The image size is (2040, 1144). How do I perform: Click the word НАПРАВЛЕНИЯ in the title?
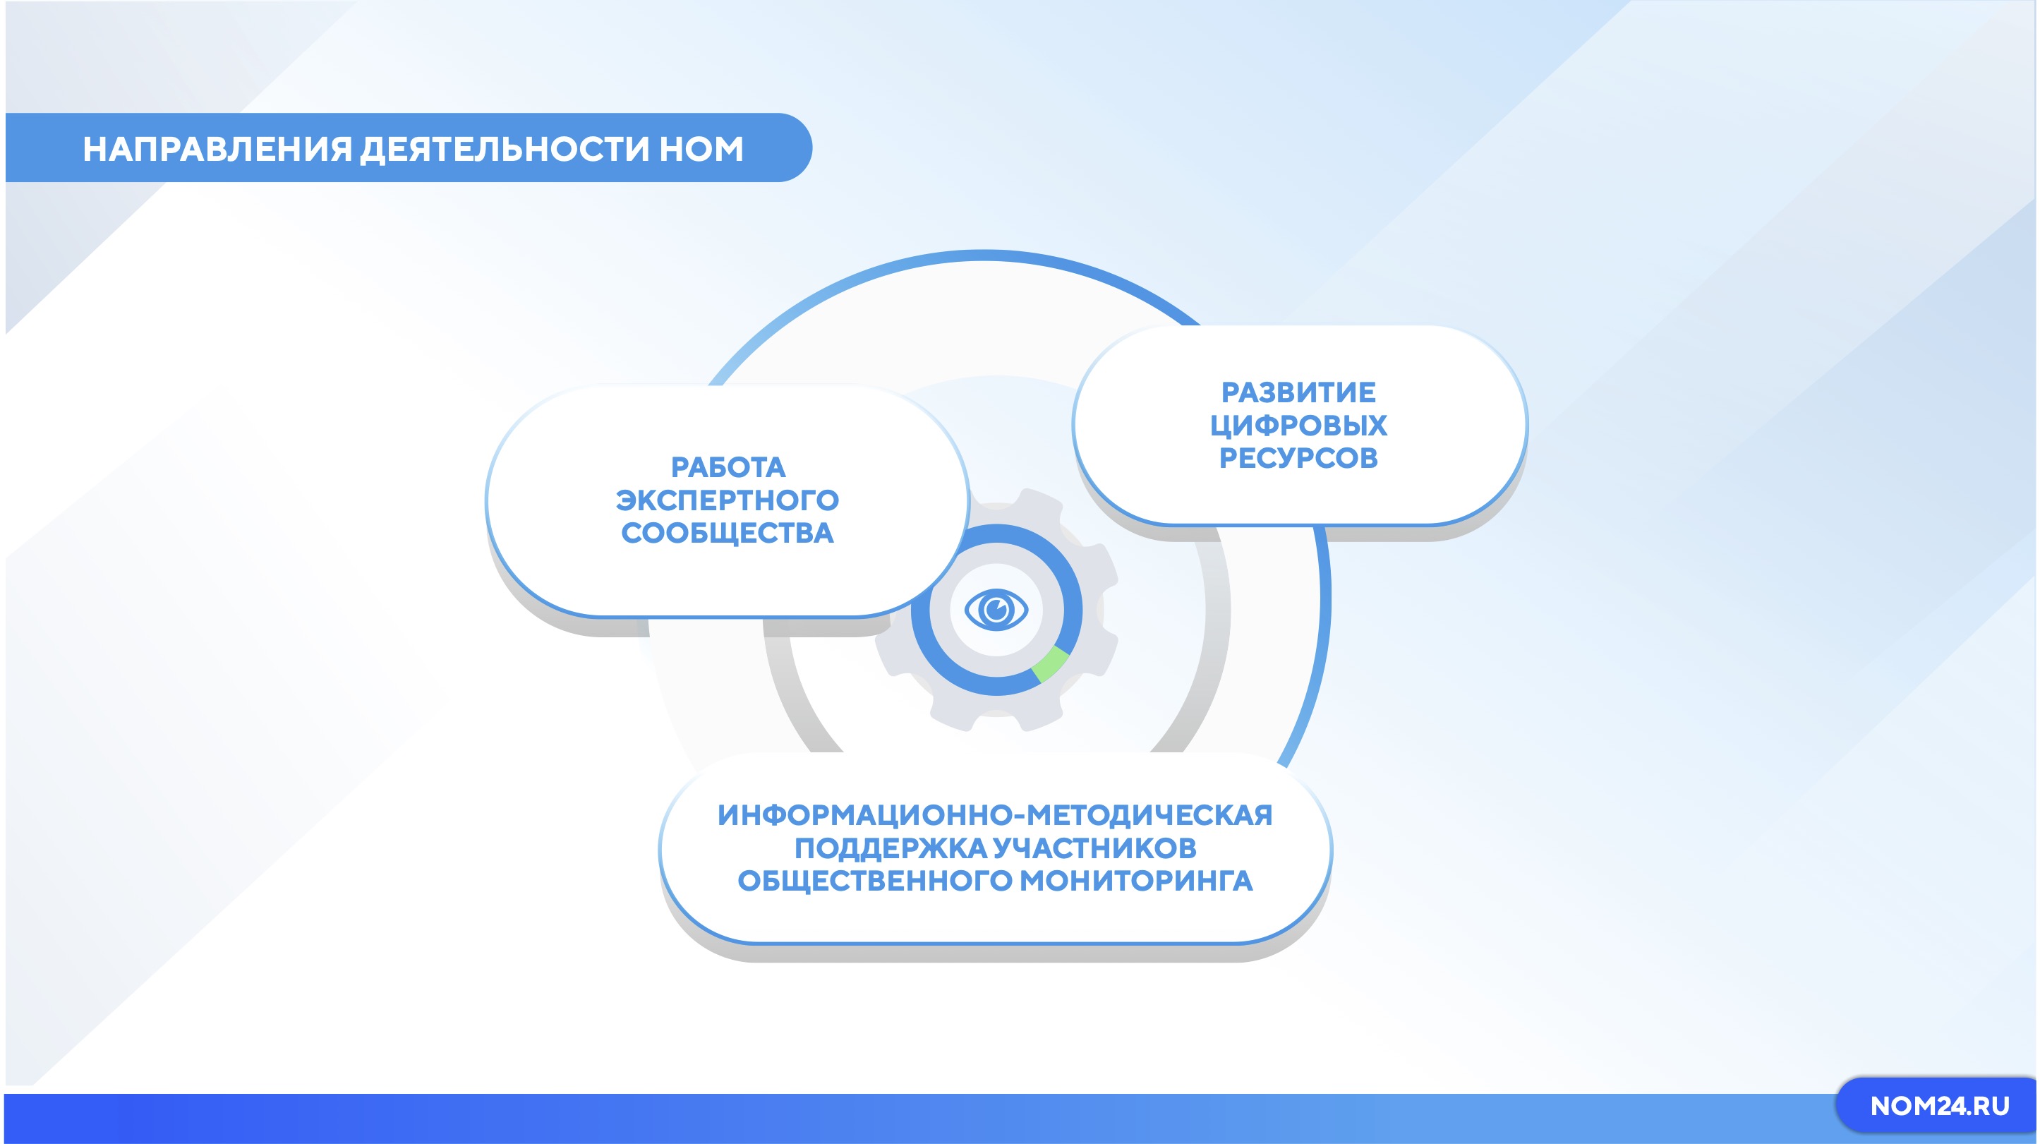(217, 149)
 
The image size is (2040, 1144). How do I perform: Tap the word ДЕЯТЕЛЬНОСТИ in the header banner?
(505, 149)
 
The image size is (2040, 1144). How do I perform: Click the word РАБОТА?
(728, 467)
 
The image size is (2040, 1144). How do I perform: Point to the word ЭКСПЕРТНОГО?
(728, 500)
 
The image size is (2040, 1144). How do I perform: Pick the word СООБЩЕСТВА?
(728, 533)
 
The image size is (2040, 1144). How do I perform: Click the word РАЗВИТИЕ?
(1299, 392)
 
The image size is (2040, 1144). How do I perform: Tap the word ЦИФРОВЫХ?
(1299, 426)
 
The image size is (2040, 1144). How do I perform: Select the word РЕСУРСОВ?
(1299, 458)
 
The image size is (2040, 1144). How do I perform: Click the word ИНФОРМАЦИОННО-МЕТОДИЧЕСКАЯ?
(996, 815)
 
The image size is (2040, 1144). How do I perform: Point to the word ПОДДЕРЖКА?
(890, 848)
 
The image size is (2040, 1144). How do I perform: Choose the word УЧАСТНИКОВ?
(1094, 848)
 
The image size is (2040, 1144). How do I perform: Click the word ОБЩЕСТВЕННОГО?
(874, 881)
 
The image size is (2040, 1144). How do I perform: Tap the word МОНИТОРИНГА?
(1135, 881)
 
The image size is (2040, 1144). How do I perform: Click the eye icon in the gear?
(996, 610)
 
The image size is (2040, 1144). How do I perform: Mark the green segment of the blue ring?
(1051, 664)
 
